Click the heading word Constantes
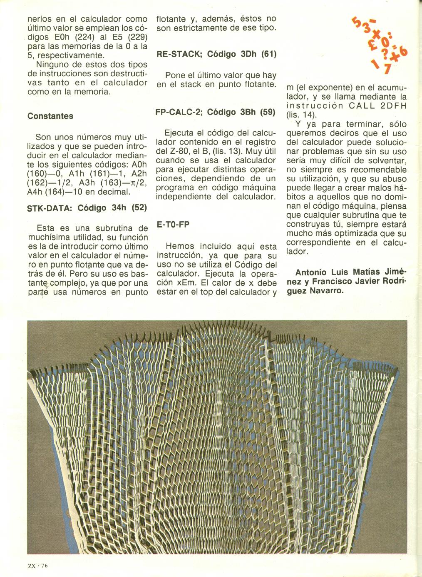pyautogui.click(x=50, y=116)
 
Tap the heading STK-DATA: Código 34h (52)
pyautogui.click(x=87, y=208)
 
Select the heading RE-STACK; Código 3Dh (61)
pyautogui.click(x=216, y=54)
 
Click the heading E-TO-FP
pyautogui.click(x=173, y=225)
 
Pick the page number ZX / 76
pyautogui.click(x=35, y=565)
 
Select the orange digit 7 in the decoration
pyautogui.click(x=387, y=69)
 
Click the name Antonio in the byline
pyautogui.click(x=310, y=272)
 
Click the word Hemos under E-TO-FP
pyautogui.click(x=180, y=246)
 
